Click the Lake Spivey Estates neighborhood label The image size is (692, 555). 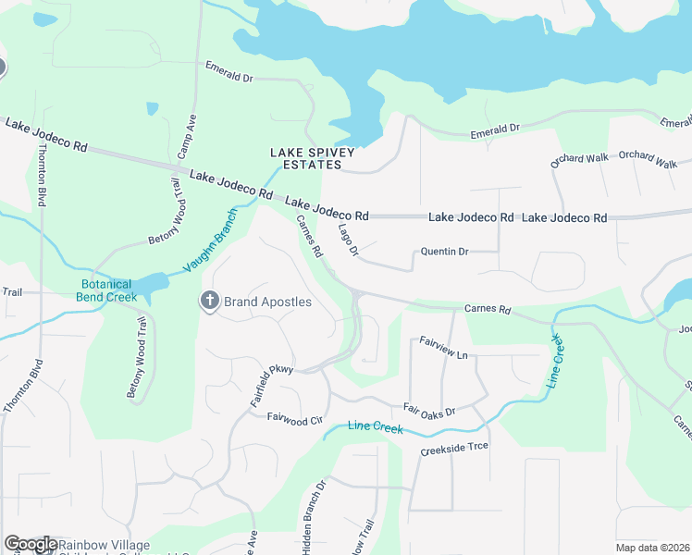click(x=306, y=158)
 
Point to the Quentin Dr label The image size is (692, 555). click(x=445, y=251)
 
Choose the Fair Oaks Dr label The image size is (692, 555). click(x=429, y=410)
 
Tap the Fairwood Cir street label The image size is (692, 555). click(x=294, y=419)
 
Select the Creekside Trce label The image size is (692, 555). click(x=453, y=447)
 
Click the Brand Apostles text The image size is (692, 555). click(x=268, y=302)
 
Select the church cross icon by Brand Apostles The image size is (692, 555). click(x=210, y=301)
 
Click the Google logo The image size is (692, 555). click(x=31, y=544)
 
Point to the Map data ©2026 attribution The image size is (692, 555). click(x=652, y=548)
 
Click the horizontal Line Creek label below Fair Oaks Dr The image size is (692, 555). click(x=376, y=426)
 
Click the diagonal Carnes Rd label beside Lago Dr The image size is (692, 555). click(x=310, y=236)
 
